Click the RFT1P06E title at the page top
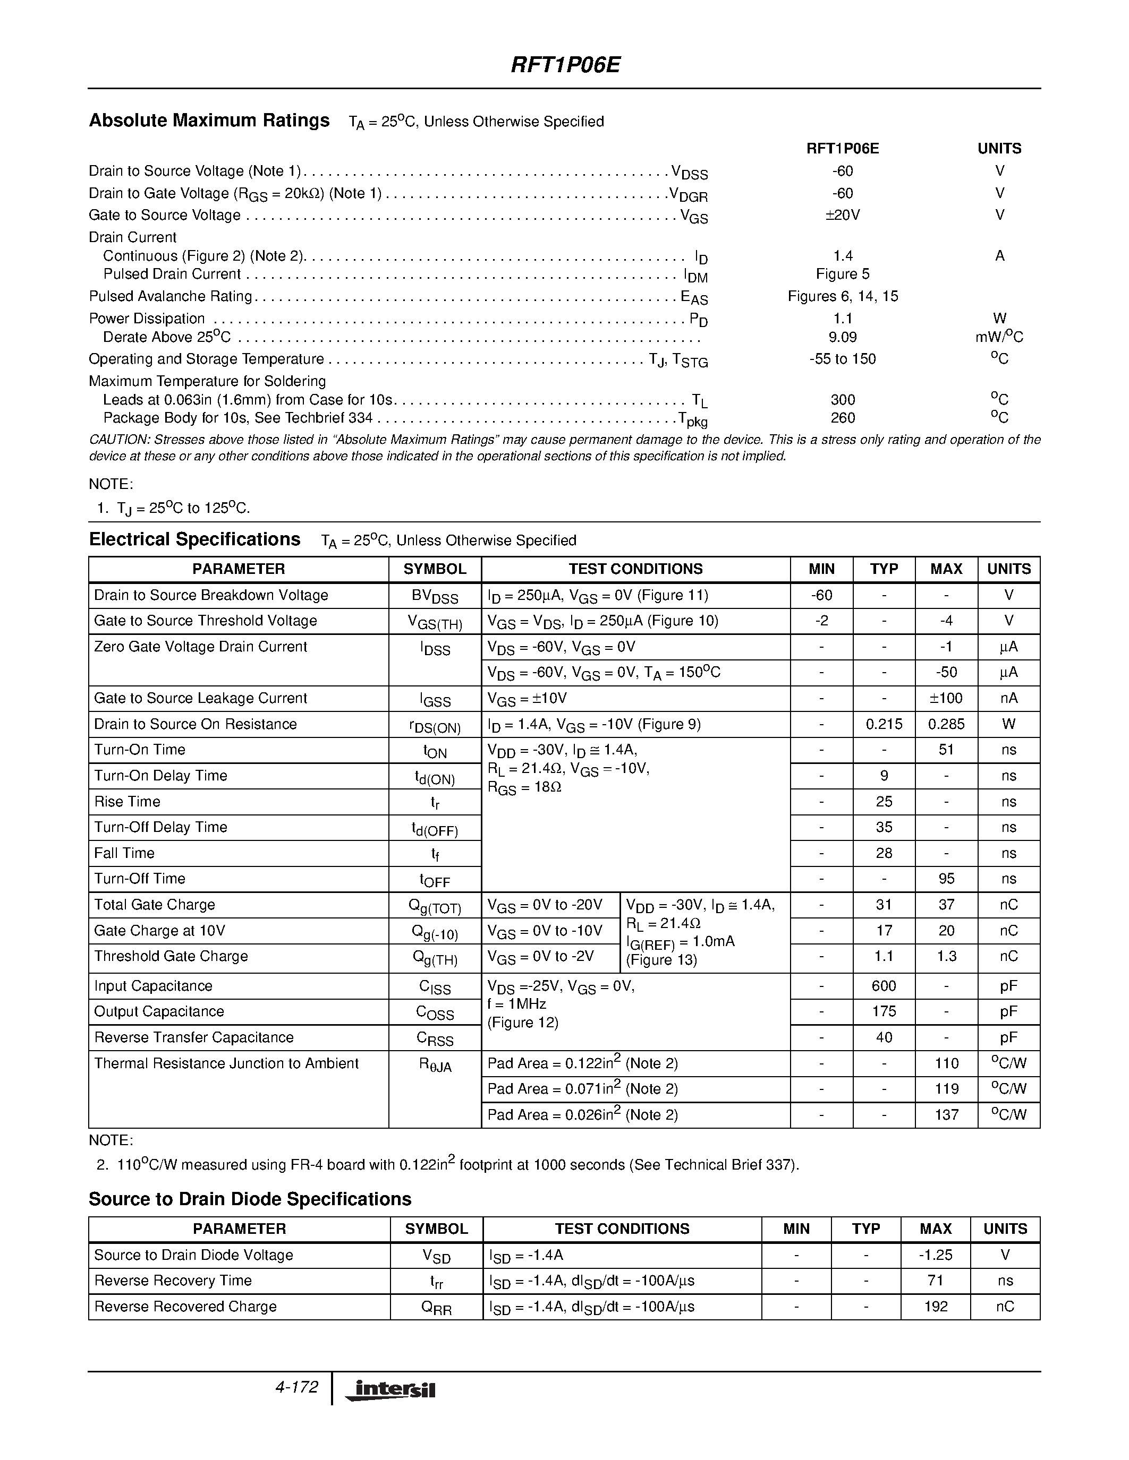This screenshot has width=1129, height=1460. point(565,65)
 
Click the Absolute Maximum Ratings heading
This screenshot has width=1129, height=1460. point(209,121)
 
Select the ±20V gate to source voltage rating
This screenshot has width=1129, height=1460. point(842,214)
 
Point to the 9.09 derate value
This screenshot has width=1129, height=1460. point(842,337)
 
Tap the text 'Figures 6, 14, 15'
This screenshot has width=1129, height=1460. point(842,296)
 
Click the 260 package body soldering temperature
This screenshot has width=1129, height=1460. point(842,418)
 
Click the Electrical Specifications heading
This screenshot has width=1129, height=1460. point(194,539)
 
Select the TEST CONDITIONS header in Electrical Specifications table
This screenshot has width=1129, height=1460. point(635,569)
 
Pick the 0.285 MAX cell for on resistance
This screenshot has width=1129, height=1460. point(946,724)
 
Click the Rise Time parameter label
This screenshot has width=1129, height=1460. point(127,802)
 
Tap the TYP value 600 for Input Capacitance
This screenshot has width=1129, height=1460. point(884,986)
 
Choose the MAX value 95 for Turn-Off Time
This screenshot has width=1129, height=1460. point(946,879)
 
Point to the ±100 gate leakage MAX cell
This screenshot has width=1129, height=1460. point(946,698)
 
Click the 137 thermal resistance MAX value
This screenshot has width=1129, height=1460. point(946,1114)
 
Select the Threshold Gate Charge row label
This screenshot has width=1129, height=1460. point(171,956)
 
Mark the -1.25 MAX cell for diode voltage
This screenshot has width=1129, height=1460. point(935,1255)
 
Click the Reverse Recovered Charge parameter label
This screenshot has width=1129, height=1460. point(185,1306)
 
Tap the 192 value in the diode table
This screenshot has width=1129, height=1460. point(935,1306)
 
